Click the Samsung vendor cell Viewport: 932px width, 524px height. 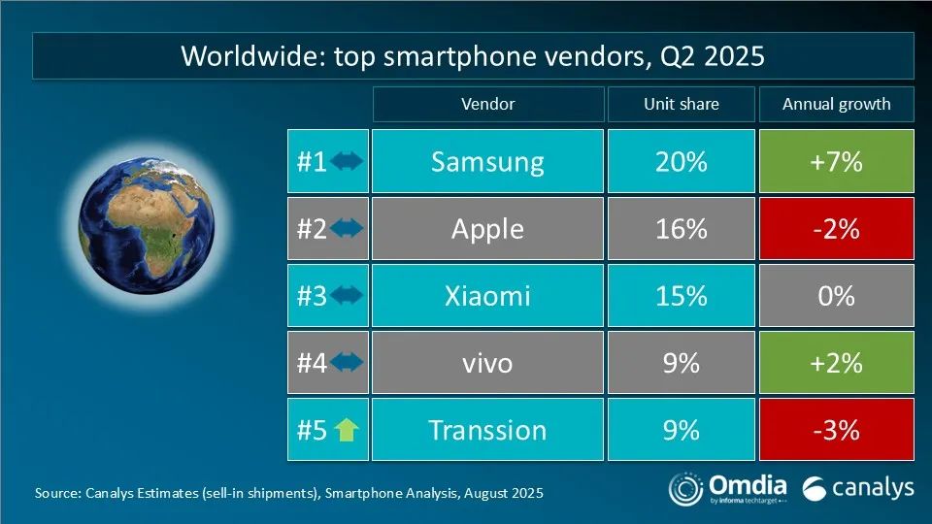(487, 161)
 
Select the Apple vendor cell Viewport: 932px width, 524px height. (487, 229)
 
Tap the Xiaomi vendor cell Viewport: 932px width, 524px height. (487, 295)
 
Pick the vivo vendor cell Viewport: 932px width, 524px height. (487, 363)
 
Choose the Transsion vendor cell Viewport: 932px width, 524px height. (487, 429)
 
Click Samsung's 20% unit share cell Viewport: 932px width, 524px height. (681, 161)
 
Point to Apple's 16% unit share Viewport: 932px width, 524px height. (681, 229)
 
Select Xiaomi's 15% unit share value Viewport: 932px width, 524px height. (681, 295)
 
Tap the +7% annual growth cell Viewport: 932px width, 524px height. (836, 161)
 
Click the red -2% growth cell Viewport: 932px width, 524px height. (836, 229)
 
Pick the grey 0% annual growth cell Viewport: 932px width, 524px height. (836, 295)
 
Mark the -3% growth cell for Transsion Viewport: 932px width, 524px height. (836, 429)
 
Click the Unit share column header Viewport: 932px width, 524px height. (681, 104)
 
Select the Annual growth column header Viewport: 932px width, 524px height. (836, 104)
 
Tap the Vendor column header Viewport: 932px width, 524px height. (487, 104)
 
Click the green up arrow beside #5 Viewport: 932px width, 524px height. (347, 430)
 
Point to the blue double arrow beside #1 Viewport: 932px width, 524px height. (347, 161)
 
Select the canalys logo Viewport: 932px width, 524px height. (858, 487)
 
